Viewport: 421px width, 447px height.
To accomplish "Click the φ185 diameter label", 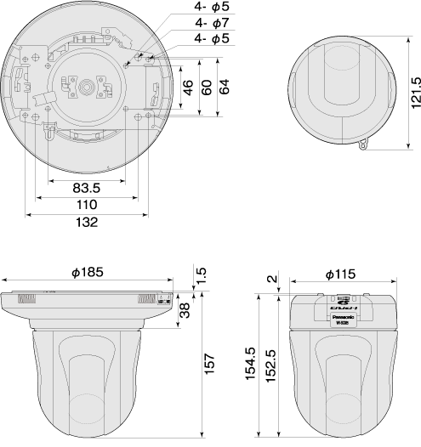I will point(88,273).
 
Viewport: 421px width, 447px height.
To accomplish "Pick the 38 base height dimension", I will point(185,311).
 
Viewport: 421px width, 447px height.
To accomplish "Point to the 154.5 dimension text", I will point(251,365).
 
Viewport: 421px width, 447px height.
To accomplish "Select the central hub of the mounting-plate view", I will point(87,86).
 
